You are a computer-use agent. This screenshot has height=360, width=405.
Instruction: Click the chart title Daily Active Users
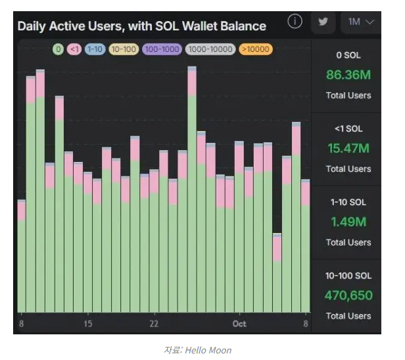141,26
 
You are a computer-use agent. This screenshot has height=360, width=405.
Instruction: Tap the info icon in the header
295,22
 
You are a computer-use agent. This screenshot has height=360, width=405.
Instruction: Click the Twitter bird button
323,22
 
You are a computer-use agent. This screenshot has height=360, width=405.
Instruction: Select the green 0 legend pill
58,49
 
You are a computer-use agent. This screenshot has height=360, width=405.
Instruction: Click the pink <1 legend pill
74,49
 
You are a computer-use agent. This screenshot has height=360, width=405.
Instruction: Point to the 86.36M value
348,74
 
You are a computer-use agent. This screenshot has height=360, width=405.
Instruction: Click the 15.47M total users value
348,148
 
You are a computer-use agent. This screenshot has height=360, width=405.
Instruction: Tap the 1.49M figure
348,222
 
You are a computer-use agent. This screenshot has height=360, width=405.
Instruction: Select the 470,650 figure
348,296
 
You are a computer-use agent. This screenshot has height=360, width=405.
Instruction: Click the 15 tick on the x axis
87,324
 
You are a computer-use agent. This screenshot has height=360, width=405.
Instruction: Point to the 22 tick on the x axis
154,324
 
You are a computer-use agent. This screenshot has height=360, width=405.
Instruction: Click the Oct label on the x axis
239,324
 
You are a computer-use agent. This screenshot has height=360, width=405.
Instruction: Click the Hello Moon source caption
197,350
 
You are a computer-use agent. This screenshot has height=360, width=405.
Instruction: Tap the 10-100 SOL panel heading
348,276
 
